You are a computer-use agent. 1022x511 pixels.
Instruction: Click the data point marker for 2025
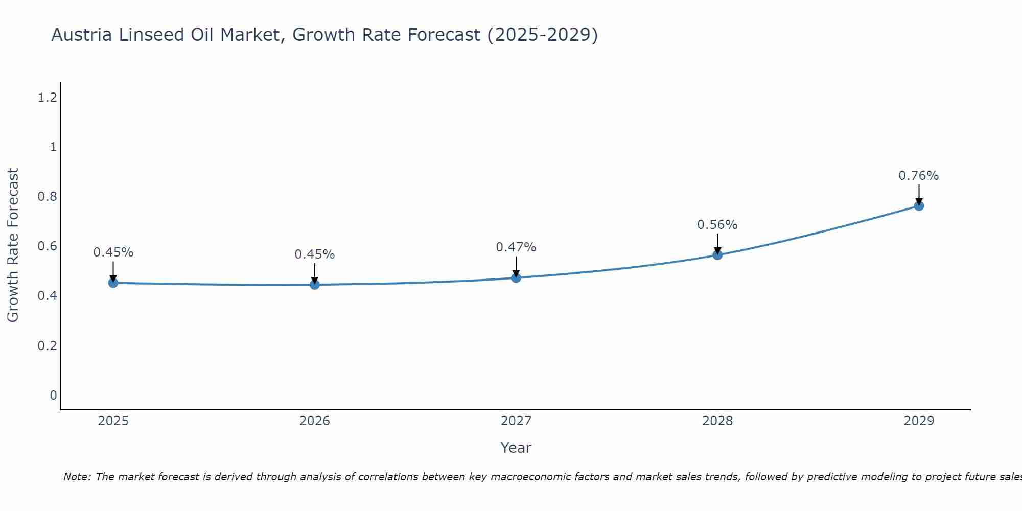click(x=113, y=283)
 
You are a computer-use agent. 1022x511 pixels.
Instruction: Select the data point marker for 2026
click(x=315, y=284)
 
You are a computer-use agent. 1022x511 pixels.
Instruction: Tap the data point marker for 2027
click(x=516, y=277)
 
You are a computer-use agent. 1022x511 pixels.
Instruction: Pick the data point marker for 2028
click(x=717, y=254)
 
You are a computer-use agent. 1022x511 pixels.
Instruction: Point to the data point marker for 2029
click(x=919, y=205)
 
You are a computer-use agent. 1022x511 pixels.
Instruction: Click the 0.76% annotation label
click(x=918, y=176)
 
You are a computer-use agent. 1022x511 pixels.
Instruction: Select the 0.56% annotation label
click(x=717, y=225)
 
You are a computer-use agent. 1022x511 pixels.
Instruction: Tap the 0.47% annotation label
click(x=516, y=247)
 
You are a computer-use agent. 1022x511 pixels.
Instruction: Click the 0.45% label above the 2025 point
click(x=113, y=252)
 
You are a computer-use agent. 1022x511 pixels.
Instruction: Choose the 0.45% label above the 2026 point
click(x=314, y=254)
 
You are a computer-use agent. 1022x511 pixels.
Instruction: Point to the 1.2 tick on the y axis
click(x=47, y=98)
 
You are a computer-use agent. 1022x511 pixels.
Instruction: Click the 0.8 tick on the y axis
click(x=47, y=197)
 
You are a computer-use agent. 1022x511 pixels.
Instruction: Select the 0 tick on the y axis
click(x=53, y=395)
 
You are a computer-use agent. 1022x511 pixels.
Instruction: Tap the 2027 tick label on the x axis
click(x=516, y=421)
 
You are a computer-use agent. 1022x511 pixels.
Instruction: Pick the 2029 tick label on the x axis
click(x=919, y=421)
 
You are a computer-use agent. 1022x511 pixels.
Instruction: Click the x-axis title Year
click(x=516, y=448)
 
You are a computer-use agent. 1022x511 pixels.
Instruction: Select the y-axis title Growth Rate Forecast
click(x=13, y=245)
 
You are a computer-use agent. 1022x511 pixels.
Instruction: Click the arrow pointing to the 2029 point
click(x=919, y=194)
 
